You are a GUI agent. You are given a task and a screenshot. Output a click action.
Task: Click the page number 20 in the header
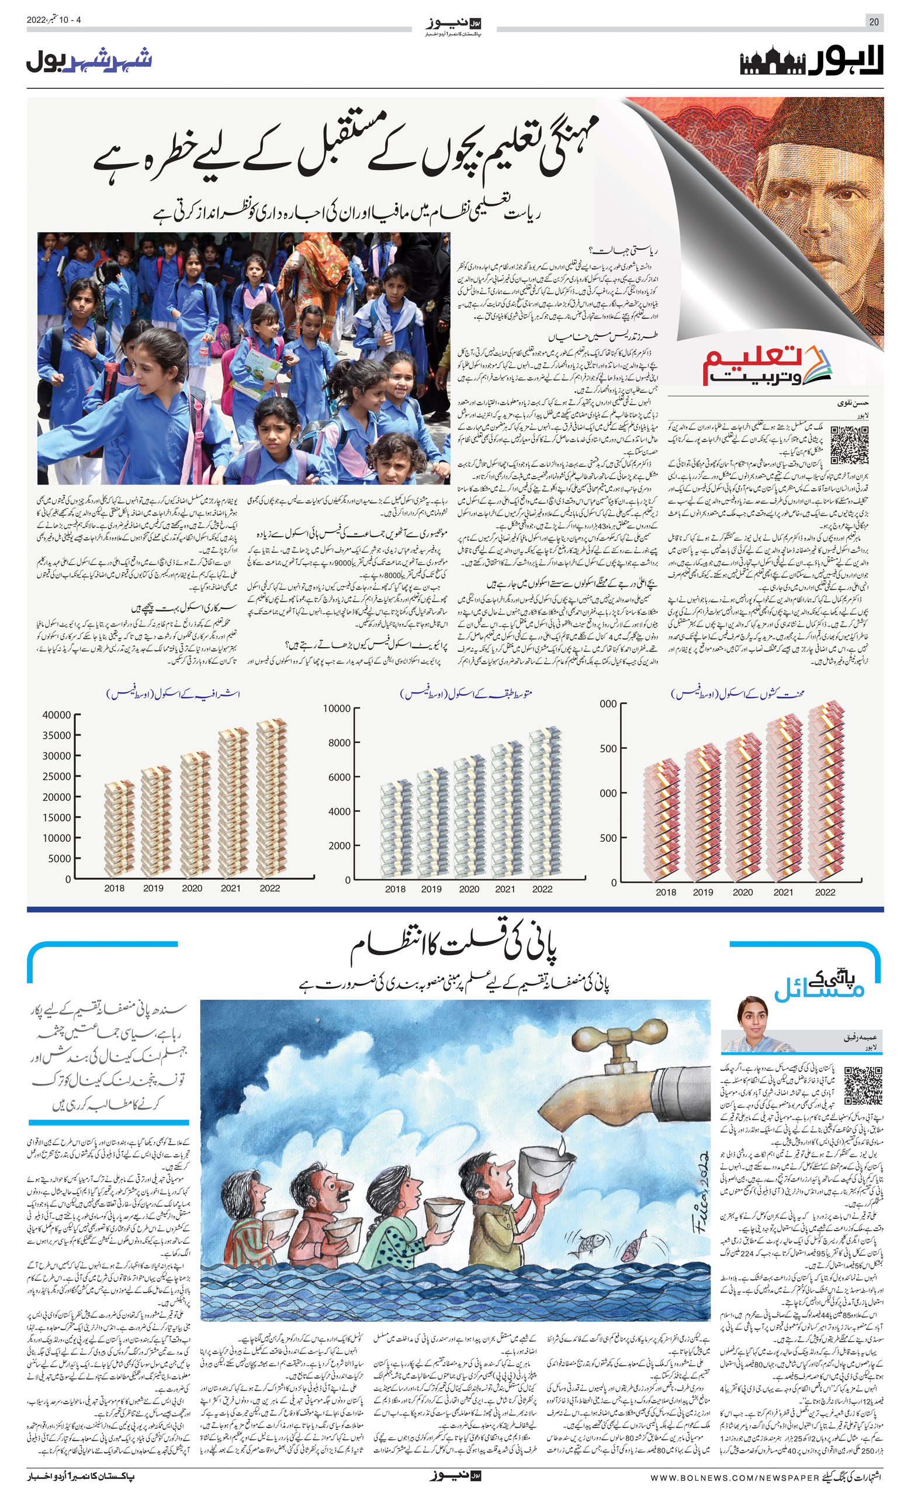pos(874,22)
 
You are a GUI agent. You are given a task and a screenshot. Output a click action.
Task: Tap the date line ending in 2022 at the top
pos(53,20)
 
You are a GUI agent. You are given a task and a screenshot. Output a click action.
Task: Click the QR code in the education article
pos(849,445)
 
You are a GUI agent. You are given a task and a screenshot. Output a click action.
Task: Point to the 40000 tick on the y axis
pos(57,714)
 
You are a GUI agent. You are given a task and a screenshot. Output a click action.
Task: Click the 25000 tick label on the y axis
pos(57,776)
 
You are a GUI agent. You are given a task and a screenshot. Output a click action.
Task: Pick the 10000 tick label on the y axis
pos(57,838)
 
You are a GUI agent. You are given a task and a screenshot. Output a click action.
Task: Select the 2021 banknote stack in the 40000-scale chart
pos(233,802)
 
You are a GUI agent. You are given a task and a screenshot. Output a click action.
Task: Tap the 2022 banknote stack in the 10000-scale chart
pos(545,802)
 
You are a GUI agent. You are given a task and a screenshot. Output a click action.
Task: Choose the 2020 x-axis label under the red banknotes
pos(742,892)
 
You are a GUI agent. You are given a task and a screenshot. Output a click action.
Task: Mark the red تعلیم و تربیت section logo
pos(767,365)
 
